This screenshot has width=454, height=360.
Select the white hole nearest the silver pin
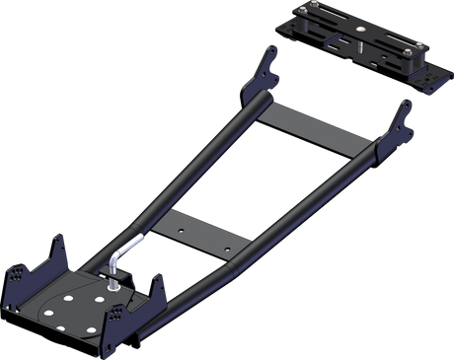point(102,292)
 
